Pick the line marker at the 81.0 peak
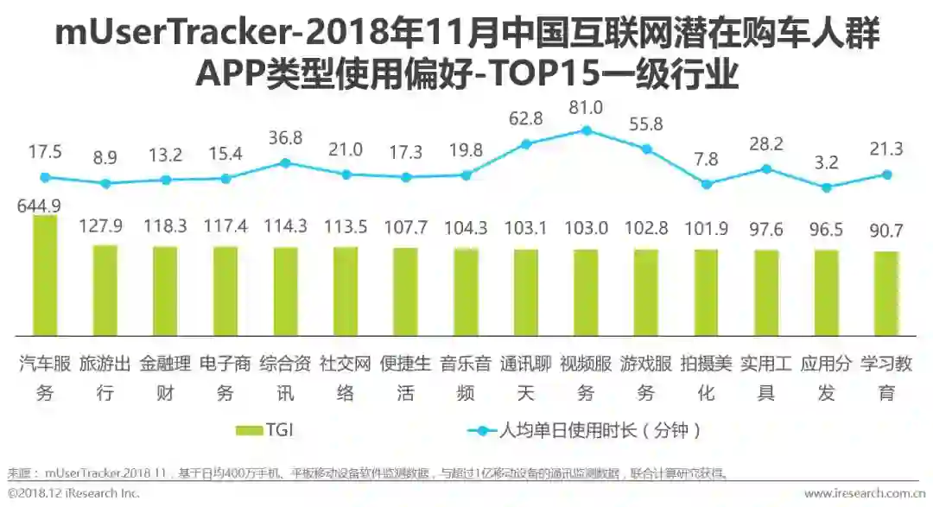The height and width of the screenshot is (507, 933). tap(587, 130)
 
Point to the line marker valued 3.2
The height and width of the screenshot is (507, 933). tap(827, 187)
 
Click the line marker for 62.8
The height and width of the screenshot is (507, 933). tap(526, 144)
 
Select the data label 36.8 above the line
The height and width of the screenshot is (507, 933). tap(286, 138)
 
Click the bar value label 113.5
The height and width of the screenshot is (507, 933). tap(346, 227)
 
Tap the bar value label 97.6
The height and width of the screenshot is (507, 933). tap(766, 228)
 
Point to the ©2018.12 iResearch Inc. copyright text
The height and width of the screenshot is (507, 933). tap(73, 493)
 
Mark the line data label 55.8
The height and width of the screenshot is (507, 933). tap(646, 124)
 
